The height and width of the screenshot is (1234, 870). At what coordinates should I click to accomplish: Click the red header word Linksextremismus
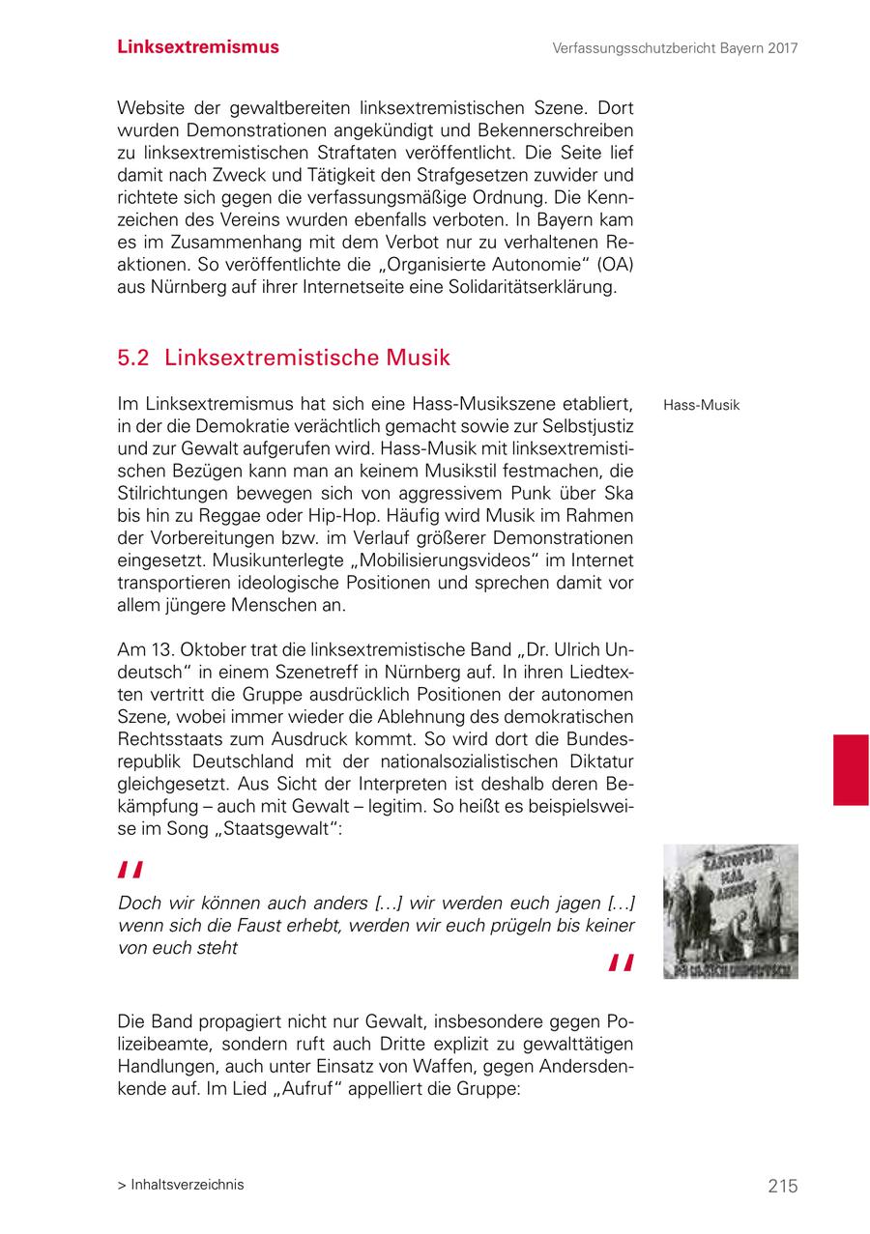198,47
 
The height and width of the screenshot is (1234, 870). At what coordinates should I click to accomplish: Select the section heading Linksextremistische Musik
307,358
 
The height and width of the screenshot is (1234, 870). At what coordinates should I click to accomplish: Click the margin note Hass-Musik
701,405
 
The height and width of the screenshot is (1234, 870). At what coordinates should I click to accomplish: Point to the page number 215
783,1186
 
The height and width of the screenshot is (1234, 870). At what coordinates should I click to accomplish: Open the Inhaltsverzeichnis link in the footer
187,1185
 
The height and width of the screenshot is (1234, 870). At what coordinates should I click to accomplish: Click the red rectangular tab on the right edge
851,769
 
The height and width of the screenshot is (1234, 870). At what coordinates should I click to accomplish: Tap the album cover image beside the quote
730,911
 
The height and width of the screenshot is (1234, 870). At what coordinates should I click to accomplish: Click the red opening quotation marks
130,872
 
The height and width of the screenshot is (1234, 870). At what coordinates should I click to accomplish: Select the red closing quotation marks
621,963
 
